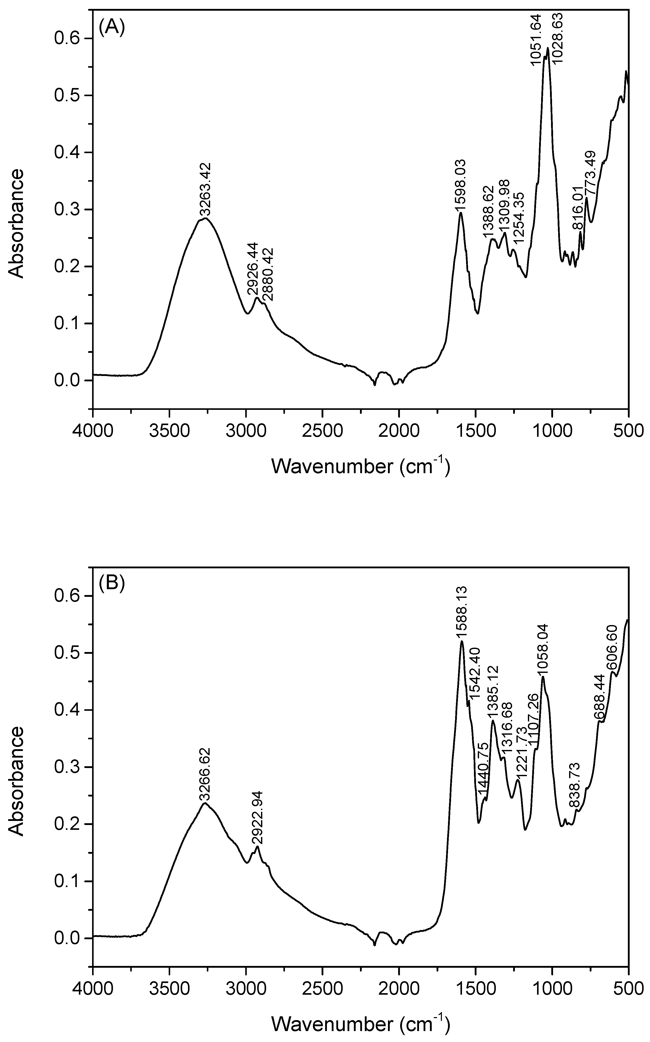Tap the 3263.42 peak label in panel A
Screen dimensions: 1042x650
[x=206, y=189]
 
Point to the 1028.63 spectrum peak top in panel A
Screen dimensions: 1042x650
[x=548, y=48]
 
